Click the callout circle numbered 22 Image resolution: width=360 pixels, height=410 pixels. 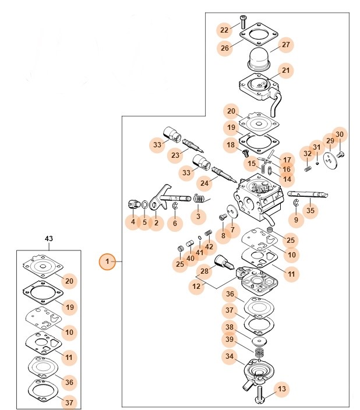224,30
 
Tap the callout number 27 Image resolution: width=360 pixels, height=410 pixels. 285,44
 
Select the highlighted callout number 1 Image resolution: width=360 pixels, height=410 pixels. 108,263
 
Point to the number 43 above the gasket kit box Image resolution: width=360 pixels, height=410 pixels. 49,239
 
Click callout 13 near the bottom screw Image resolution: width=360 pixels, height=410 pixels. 282,389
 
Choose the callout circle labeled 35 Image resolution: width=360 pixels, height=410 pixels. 310,211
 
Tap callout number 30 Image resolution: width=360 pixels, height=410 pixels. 340,135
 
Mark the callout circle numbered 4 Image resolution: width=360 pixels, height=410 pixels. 133,222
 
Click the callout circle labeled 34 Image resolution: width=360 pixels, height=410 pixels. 230,356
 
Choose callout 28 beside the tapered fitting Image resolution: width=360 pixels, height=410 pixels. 204,271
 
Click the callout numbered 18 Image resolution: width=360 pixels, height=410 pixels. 231,144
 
